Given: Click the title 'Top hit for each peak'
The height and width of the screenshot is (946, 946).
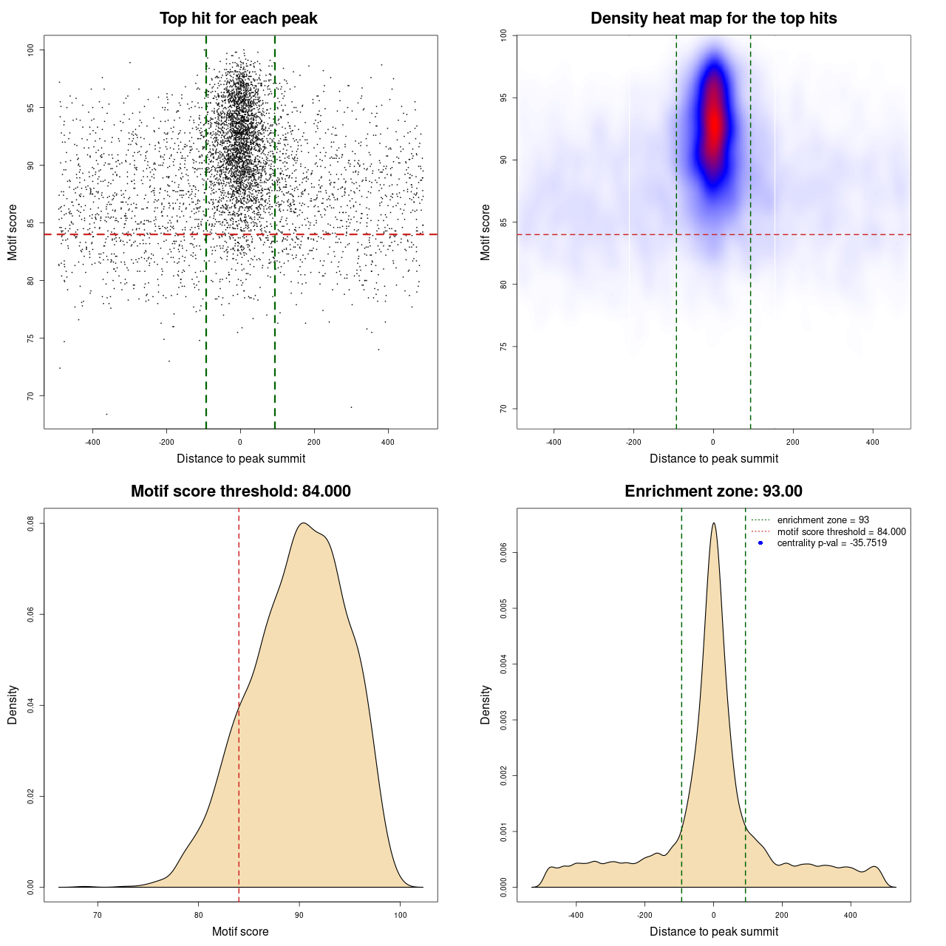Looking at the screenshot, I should coord(239,18).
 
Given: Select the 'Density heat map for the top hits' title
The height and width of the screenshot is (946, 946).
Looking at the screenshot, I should coord(713,18).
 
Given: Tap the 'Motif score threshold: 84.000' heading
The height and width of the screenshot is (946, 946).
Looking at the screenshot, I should coord(240,491).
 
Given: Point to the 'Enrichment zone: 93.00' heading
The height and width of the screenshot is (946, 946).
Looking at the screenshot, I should coord(713,491).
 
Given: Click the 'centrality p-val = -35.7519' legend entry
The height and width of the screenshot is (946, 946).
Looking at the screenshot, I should coord(831,543).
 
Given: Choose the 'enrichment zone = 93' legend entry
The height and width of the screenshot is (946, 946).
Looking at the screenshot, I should coord(823,520).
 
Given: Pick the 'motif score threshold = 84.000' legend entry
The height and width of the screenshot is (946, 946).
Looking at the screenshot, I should coord(841,532).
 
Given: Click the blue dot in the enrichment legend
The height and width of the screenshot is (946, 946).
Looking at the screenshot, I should coord(760,543).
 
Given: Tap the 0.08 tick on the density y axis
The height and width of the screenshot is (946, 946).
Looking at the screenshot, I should coord(30,523).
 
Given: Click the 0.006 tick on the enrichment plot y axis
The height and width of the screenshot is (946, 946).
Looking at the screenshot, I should coord(503,552).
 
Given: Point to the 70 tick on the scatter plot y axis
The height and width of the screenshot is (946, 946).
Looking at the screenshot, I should coord(30,396).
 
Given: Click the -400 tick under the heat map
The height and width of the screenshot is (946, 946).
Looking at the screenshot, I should coord(554,443).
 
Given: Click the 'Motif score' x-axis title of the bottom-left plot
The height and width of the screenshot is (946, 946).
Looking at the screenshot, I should coord(240,932).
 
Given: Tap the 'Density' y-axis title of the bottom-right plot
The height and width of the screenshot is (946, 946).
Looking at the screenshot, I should coord(486,704).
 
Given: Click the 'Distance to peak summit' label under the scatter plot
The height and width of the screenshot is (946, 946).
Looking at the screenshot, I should coord(241,459).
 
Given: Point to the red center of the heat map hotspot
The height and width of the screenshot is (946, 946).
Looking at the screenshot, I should coord(714,122).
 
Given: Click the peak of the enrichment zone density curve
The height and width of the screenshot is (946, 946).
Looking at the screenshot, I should coord(713,524).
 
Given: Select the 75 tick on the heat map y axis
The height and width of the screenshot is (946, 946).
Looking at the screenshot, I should coord(503,347).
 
